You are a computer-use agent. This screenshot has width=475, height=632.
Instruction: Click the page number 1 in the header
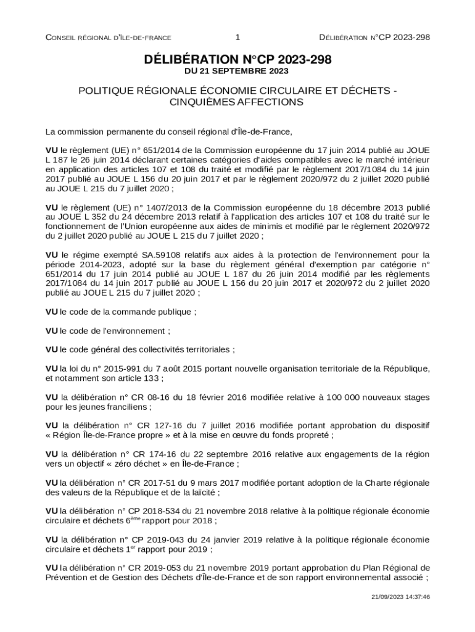click(238, 38)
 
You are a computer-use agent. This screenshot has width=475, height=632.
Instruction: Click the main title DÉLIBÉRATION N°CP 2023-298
click(237, 60)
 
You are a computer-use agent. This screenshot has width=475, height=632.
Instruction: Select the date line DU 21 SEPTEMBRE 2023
click(237, 72)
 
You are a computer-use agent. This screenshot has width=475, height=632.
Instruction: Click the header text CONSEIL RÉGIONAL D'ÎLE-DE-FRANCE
click(109, 38)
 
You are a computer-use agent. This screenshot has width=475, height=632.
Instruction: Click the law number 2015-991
click(117, 368)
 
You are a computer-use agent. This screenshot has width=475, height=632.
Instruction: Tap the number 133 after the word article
click(152, 378)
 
